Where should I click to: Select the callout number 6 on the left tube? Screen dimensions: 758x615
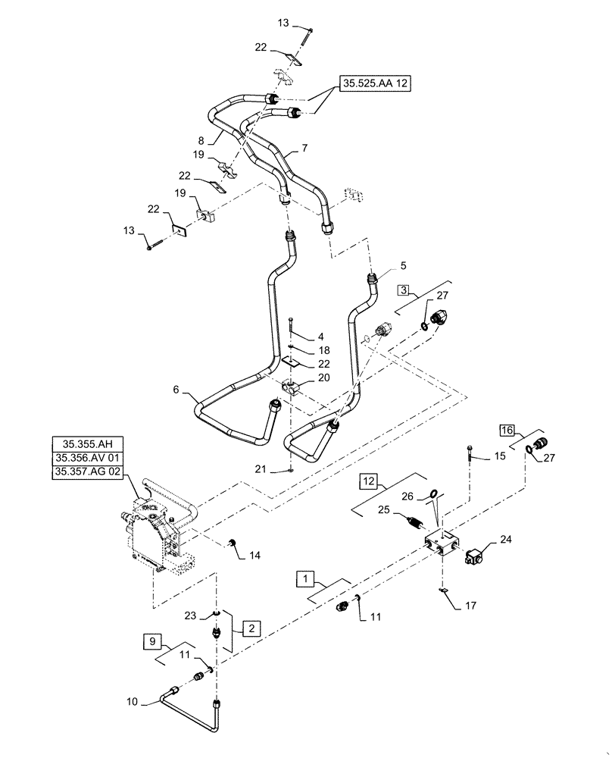pos(176,390)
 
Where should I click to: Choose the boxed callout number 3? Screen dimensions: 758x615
pos(404,290)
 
